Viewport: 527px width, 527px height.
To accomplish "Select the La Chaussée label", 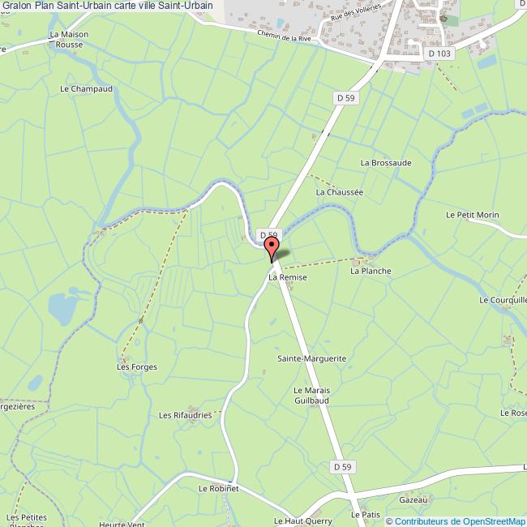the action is [339, 192].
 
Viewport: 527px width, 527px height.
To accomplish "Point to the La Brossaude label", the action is [386, 162].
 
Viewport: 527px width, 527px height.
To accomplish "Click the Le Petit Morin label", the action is [472, 215].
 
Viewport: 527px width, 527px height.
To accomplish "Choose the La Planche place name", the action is [371, 271].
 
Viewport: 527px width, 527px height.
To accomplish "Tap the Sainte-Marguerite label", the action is [312, 358].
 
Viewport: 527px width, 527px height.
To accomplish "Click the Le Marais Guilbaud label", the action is [312, 395].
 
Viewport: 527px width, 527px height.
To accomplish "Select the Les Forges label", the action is [137, 367].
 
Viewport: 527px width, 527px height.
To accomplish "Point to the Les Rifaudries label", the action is [184, 415].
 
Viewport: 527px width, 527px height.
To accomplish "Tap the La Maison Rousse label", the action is [69, 40].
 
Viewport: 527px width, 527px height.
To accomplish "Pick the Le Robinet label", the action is [218, 489].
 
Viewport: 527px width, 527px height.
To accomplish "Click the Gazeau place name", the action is [413, 501].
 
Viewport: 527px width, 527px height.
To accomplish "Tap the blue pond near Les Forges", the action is [60, 308].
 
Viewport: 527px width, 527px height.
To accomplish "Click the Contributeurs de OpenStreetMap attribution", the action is [456, 521].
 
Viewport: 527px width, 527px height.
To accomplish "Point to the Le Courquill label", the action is [503, 300].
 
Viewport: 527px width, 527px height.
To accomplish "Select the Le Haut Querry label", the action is [297, 521].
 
